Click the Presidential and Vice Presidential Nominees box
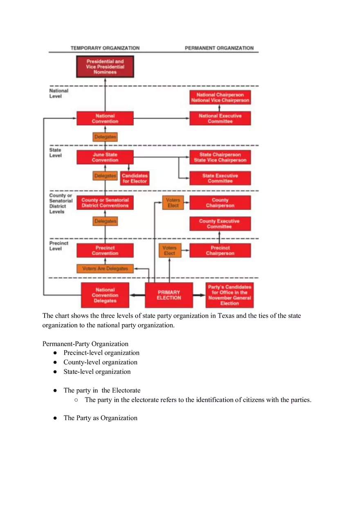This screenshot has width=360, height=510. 105,67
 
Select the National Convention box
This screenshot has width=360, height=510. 105,119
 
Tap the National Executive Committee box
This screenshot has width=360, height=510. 220,119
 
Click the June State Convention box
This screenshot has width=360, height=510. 105,157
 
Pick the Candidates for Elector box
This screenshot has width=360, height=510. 135,179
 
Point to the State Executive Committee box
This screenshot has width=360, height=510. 220,178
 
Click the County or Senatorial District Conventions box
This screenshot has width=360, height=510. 105,203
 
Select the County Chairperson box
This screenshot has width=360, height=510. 220,203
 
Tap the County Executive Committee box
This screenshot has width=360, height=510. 220,224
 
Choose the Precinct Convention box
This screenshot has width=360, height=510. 105,250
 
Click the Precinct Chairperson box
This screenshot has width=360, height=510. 220,250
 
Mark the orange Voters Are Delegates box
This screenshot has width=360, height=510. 105,269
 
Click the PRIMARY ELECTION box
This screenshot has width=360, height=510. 169,295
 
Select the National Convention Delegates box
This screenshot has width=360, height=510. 105,295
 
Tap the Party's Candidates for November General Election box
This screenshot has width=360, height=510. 229,295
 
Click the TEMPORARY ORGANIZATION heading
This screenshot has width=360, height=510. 105,48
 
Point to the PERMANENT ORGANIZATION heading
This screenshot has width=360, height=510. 219,48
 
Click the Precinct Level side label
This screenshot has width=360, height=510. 59,246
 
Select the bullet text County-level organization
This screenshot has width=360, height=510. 100,362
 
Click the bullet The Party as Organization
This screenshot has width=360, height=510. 100,418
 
